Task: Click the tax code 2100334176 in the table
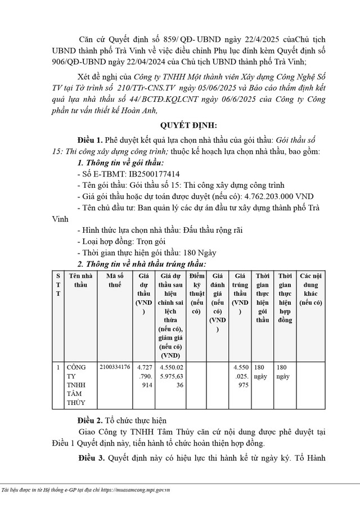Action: tap(115, 367)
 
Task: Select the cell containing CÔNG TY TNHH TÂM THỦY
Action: tap(78, 385)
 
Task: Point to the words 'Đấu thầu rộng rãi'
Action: tap(213, 231)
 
